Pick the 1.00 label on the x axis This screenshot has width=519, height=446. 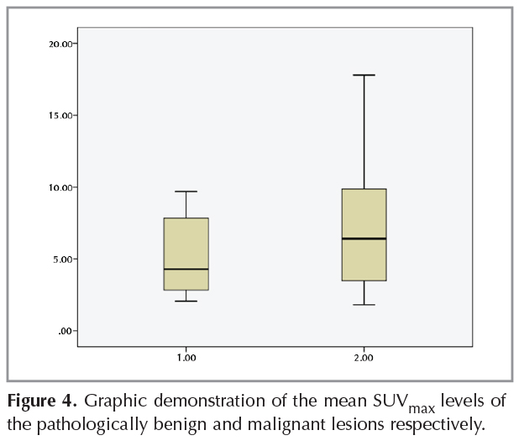tap(186, 358)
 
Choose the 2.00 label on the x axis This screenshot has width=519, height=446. tap(364, 358)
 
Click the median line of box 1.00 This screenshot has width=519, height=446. tap(186, 269)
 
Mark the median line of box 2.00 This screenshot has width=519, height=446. tap(364, 239)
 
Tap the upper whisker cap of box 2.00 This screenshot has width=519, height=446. tap(364, 75)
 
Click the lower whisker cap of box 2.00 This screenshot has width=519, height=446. tap(364, 304)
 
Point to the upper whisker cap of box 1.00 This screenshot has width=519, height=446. tap(186, 192)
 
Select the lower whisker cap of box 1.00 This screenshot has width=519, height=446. tap(186, 301)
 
